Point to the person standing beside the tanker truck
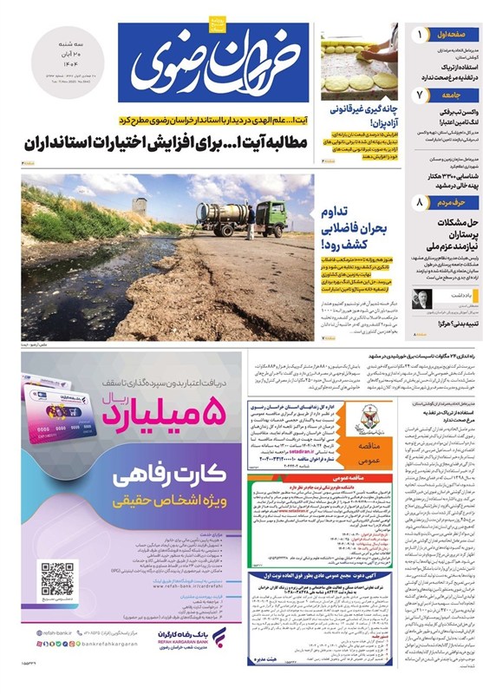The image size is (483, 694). [x=251, y=227]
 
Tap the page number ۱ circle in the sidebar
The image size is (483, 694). [x=420, y=36]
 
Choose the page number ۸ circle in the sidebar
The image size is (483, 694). [x=420, y=203]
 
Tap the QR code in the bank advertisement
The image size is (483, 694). [x=58, y=578]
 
